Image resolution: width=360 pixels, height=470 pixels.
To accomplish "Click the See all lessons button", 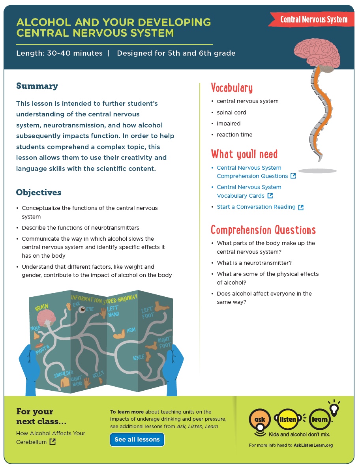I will point(137,440).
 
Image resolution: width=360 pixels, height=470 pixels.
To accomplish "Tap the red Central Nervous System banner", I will point(313,19).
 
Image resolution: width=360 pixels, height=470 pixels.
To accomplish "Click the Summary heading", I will point(37,86).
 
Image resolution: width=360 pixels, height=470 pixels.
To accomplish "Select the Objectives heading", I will point(39,193).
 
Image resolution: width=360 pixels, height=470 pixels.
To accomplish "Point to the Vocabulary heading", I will point(232,88).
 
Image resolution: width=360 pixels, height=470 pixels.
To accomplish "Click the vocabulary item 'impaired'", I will point(229,124).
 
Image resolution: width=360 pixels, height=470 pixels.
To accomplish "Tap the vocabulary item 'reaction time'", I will point(234,135).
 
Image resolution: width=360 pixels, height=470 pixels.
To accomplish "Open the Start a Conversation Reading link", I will point(256,207).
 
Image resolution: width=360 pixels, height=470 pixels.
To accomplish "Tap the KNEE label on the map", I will point(139,358).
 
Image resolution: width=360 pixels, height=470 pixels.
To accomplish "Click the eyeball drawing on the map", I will point(82,309).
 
